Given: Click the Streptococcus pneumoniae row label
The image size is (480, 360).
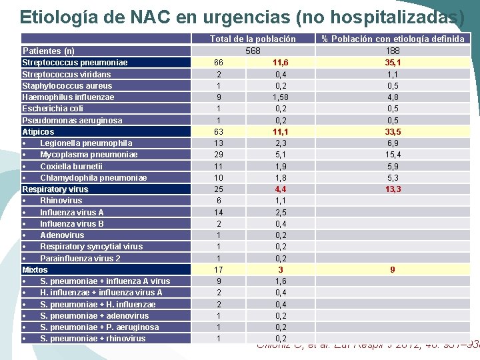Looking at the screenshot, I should point(75,63).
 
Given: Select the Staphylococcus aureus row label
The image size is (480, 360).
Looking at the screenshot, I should point(67,85).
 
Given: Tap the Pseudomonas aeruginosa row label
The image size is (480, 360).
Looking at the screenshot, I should point(72,120).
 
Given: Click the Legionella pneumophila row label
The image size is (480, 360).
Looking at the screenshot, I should point(86,143).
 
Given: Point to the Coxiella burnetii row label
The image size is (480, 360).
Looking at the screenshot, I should point(71,166).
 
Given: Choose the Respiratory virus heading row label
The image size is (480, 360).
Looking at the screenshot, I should point(55,189).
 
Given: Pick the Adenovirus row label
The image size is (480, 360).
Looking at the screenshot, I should point(62,235).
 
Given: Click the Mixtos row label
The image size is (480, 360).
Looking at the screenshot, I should point(35,270).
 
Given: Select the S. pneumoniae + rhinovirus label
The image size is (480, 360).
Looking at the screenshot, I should point(93,339).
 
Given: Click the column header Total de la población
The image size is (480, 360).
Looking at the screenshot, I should point(253,39).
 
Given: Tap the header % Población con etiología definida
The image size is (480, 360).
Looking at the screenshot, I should point(393,39).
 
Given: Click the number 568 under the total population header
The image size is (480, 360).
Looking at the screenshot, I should point(253,51).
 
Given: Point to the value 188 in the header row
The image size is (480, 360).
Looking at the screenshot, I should point(393,51).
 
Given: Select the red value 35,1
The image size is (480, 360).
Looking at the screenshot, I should point(393,63).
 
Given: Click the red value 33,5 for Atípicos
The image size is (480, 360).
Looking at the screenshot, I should point(393,132).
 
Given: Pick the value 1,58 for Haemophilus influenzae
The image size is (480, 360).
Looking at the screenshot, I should point(281,97).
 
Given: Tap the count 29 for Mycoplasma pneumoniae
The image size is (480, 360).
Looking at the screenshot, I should point(219,155).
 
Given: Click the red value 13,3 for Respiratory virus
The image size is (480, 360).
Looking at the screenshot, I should point(393,189).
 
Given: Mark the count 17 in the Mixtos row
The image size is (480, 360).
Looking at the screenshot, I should point(219,270).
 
